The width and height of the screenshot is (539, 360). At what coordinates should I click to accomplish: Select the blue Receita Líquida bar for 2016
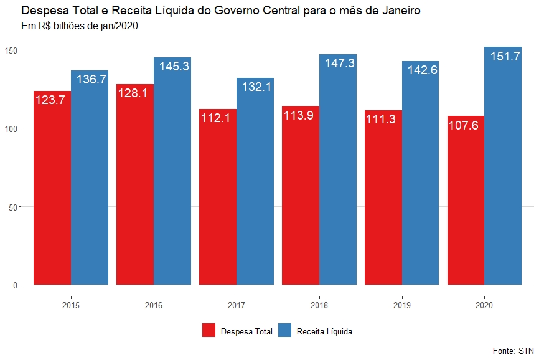(172, 174)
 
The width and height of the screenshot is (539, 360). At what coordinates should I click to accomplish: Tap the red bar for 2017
(218, 206)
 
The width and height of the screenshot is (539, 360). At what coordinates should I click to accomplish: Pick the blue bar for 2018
(338, 174)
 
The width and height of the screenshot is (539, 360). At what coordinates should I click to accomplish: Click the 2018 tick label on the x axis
(319, 306)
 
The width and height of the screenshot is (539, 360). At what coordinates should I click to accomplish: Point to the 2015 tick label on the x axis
(71, 306)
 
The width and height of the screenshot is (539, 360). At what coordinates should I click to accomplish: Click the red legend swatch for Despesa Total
(209, 331)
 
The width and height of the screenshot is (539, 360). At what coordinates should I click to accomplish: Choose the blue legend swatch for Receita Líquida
(284, 331)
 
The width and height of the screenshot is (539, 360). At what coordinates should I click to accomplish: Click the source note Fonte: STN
(513, 351)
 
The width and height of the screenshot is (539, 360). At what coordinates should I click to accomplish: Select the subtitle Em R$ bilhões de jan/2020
(80, 26)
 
